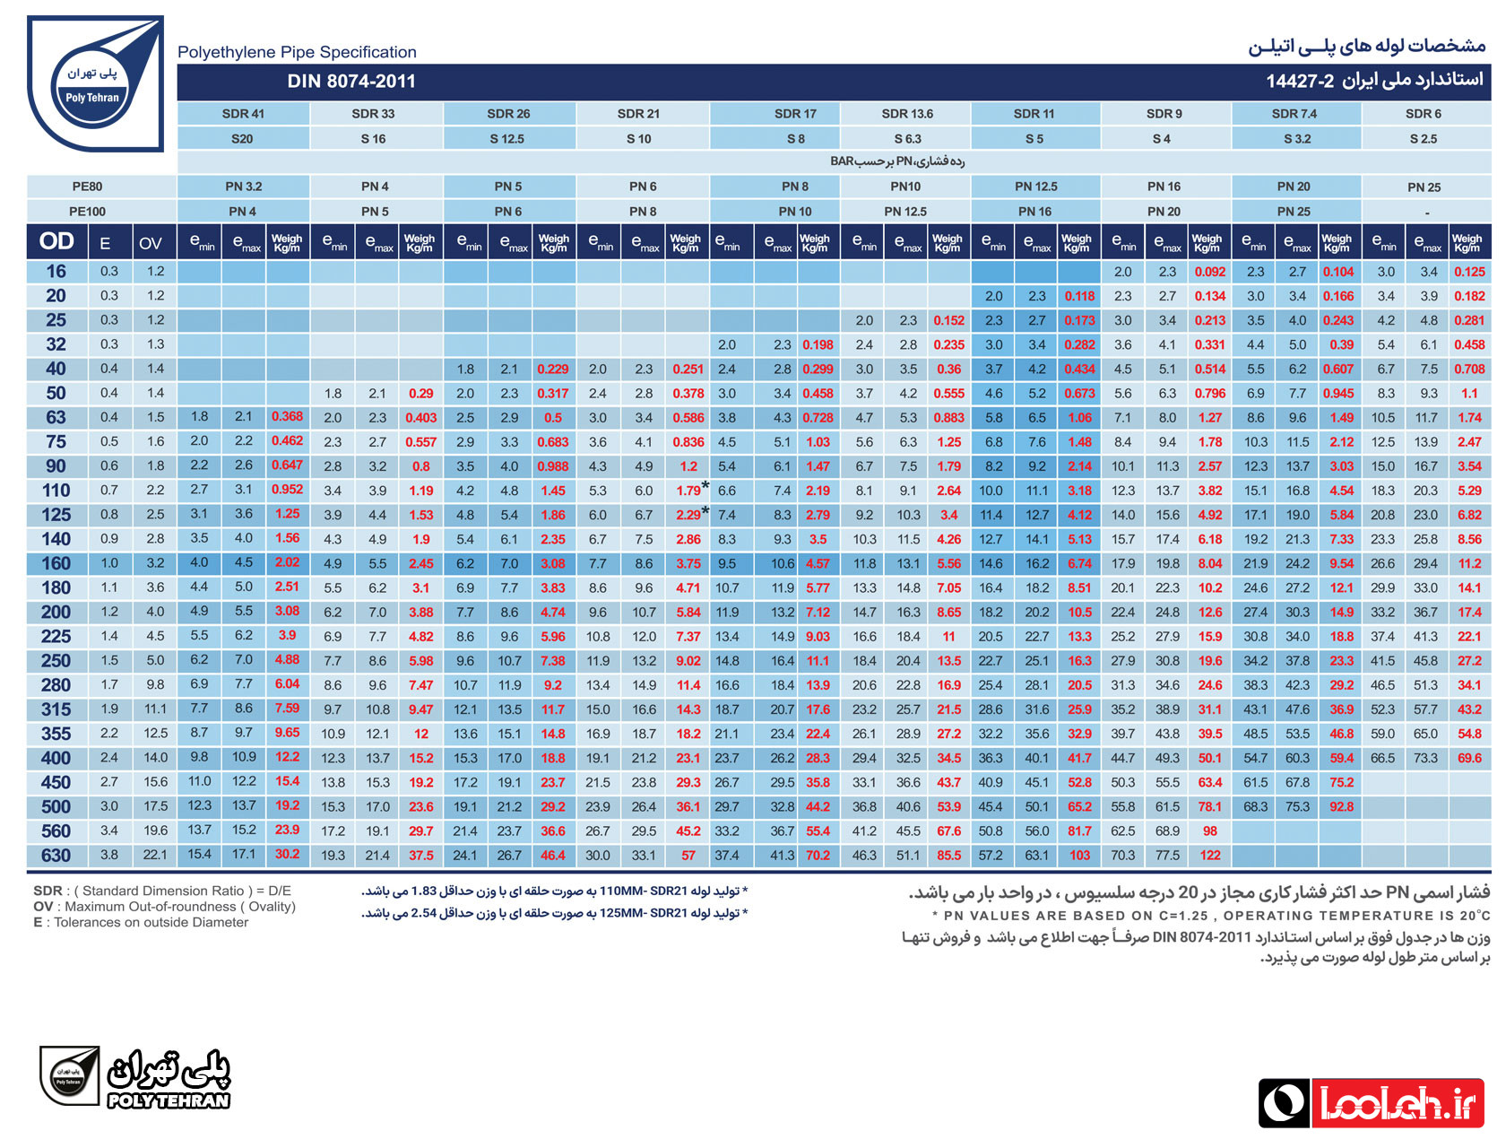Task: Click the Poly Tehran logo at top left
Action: tap(95, 83)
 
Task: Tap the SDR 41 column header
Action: tap(242, 114)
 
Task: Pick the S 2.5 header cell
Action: tap(1423, 139)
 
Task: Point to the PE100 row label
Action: tap(87, 212)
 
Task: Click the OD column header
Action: tap(56, 241)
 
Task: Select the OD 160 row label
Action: tap(56, 563)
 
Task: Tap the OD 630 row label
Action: tap(56, 855)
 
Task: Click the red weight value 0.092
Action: tap(1209, 272)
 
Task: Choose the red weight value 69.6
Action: tap(1468, 758)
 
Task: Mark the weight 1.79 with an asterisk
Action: tap(691, 490)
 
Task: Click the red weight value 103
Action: tap(1078, 856)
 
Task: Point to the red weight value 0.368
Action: tap(287, 416)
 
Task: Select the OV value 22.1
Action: tap(155, 855)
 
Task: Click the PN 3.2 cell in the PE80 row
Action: tap(243, 187)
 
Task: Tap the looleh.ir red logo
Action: tap(1397, 1103)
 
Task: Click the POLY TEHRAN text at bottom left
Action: tap(169, 1100)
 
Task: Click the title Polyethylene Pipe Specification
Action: tap(297, 52)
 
